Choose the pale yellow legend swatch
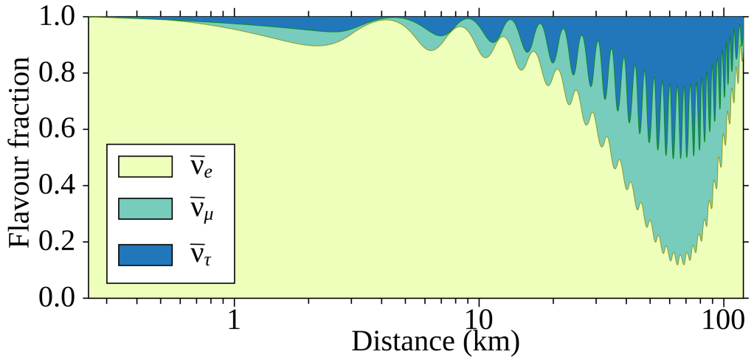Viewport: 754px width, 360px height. pos(145,167)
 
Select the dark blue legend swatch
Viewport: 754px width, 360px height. pos(145,254)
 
